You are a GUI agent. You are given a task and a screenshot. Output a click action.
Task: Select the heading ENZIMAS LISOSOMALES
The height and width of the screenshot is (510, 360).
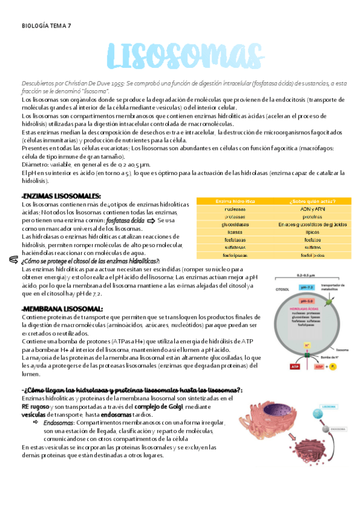click(61, 196)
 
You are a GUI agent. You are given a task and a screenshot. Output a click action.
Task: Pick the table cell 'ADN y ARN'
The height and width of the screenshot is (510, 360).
click(312, 209)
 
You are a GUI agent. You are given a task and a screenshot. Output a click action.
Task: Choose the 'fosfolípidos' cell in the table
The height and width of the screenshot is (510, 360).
click(312, 255)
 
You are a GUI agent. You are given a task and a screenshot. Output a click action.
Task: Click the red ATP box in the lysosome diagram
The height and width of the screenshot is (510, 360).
click(279, 366)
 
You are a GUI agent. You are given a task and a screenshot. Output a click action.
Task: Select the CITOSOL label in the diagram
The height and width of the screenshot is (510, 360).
click(282, 289)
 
